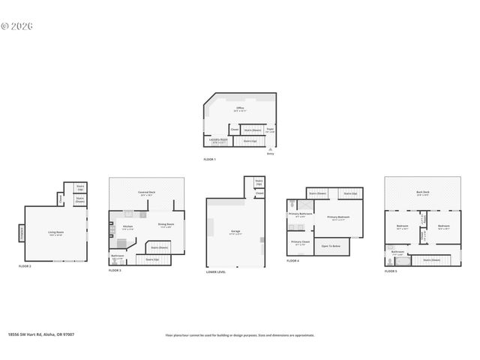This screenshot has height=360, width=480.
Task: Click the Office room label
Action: click(240, 108)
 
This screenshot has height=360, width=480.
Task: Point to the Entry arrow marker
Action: click(271, 149)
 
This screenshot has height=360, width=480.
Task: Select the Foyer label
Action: click(270, 130)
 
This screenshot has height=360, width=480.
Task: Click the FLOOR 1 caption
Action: click(209, 160)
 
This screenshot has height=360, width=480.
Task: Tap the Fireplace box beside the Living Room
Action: click(21, 234)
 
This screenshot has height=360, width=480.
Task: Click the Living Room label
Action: click(55, 232)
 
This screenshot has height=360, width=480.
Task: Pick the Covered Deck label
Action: click(146, 193)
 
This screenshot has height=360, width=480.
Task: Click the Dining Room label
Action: click(166, 224)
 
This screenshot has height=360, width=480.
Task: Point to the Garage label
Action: click(235, 232)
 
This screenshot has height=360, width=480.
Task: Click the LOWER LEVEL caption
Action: click(215, 271)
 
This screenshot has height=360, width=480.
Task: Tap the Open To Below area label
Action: click(331, 246)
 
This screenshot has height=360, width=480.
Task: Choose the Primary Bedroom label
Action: click(338, 217)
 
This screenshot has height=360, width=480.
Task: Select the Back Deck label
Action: click(423, 192)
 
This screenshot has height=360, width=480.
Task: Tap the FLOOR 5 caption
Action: click(391, 271)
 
